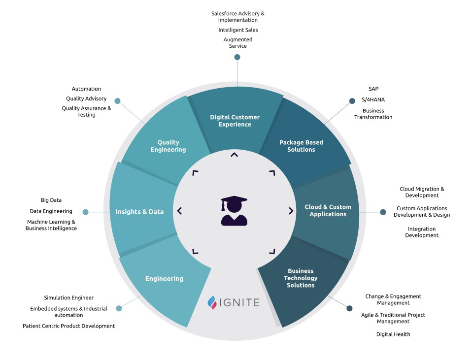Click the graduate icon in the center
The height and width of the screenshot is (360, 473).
pos(234,211)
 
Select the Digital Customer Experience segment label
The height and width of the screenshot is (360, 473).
pos(235,121)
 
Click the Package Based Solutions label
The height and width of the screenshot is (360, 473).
pos(301,146)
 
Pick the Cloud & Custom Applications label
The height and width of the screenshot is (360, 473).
pos(328,210)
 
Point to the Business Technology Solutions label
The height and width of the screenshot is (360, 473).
pos(301,278)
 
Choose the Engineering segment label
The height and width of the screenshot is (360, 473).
pos(164,279)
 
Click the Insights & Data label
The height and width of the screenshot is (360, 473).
pos(139,212)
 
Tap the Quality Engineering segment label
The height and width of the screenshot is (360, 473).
pos(168,146)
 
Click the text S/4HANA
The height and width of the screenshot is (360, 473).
pos(373,99)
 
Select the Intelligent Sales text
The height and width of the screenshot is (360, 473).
pos(238,30)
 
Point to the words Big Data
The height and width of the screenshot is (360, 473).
pos(51,200)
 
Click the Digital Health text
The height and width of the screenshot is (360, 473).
pos(393,334)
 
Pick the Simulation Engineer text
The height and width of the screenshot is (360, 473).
pos(68,297)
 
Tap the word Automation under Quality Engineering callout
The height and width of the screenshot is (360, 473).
pos(86,89)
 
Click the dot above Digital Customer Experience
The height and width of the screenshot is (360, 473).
pos(237,57)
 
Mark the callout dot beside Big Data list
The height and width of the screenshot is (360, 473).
pos(85,212)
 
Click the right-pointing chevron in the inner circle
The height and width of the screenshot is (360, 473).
pos(291,211)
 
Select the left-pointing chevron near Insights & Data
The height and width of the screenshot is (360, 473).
pos(179,211)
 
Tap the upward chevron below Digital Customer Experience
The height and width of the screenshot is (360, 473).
pos(235,155)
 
